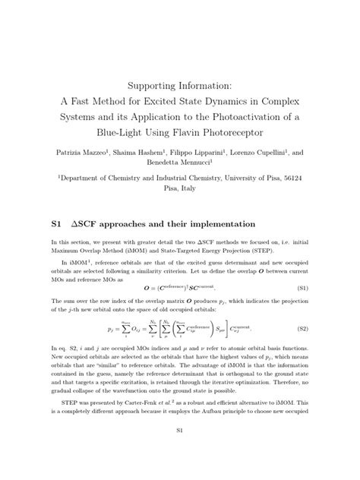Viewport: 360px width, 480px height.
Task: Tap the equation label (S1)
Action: click(x=322, y=268)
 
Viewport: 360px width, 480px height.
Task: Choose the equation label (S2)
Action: click(x=322, y=309)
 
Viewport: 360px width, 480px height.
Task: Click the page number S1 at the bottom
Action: click(x=180, y=453)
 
